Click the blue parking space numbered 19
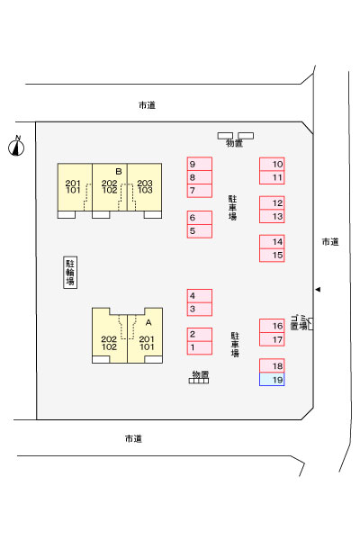pyautogui.click(x=272, y=379)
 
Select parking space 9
pyautogui.click(x=200, y=164)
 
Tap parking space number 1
pyautogui.click(x=200, y=347)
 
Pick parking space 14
pyautogui.click(x=272, y=242)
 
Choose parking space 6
pyautogui.click(x=200, y=218)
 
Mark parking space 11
pyautogui.click(x=272, y=177)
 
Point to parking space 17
pyautogui.click(x=272, y=339)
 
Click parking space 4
pyautogui.click(x=200, y=296)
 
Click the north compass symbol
pyautogui.click(x=16, y=147)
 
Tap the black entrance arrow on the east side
pyautogui.click(x=318, y=290)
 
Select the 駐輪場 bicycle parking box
pyautogui.click(x=70, y=272)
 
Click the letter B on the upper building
pyautogui.click(x=119, y=171)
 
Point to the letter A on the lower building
pyautogui.click(x=148, y=323)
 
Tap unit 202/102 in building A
pyautogui.click(x=110, y=339)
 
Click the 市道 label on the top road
pyautogui.click(x=147, y=105)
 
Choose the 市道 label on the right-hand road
pyautogui.click(x=330, y=242)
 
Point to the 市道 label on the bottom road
pyautogui.click(x=133, y=438)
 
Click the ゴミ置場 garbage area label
pyautogui.click(x=299, y=322)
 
